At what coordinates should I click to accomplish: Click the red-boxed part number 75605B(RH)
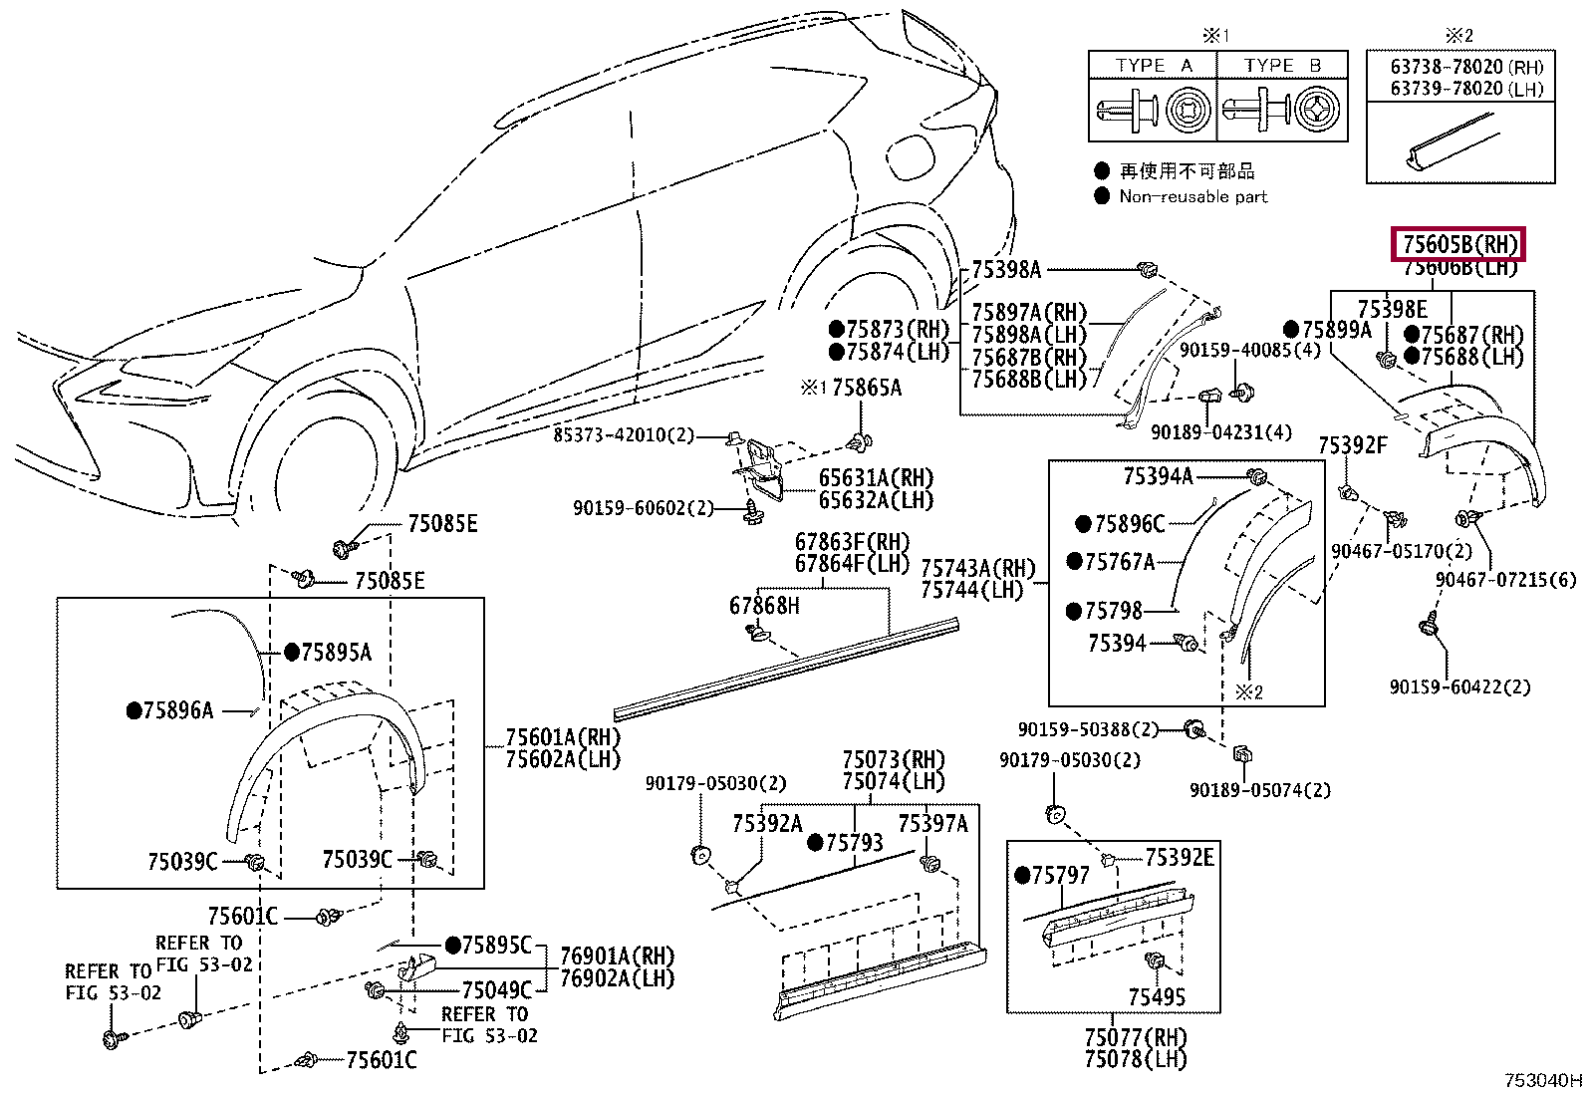(1457, 244)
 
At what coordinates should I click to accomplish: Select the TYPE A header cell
(1153, 66)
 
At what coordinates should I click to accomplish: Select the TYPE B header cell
(1282, 66)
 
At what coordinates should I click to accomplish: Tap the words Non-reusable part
(1193, 197)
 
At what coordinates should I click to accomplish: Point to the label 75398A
(1006, 270)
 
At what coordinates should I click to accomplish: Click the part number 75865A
(867, 389)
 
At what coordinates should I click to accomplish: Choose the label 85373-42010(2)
(624, 434)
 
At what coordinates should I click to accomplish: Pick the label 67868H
(764, 606)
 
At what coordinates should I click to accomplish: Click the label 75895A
(337, 653)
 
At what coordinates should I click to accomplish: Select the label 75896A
(178, 710)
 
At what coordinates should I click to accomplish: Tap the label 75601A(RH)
(563, 737)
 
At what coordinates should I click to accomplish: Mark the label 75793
(855, 843)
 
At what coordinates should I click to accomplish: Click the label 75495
(1157, 997)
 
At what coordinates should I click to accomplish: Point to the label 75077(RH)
(1136, 1037)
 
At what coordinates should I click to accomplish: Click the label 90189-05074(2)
(1260, 790)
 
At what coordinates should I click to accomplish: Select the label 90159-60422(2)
(1459, 687)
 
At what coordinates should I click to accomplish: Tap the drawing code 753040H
(1543, 1081)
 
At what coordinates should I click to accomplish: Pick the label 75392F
(1353, 445)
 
